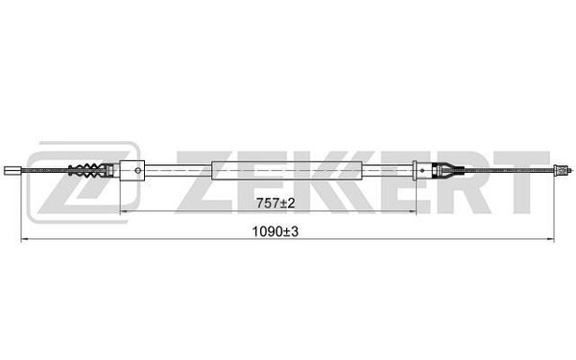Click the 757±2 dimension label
[276, 204]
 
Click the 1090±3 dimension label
[276, 231]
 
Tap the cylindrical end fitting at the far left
[12, 171]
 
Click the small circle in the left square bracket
[138, 171]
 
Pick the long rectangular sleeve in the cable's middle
[287, 171]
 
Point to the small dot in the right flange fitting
[422, 171]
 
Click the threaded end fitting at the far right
[562, 170]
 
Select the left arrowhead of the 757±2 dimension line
[124, 211]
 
